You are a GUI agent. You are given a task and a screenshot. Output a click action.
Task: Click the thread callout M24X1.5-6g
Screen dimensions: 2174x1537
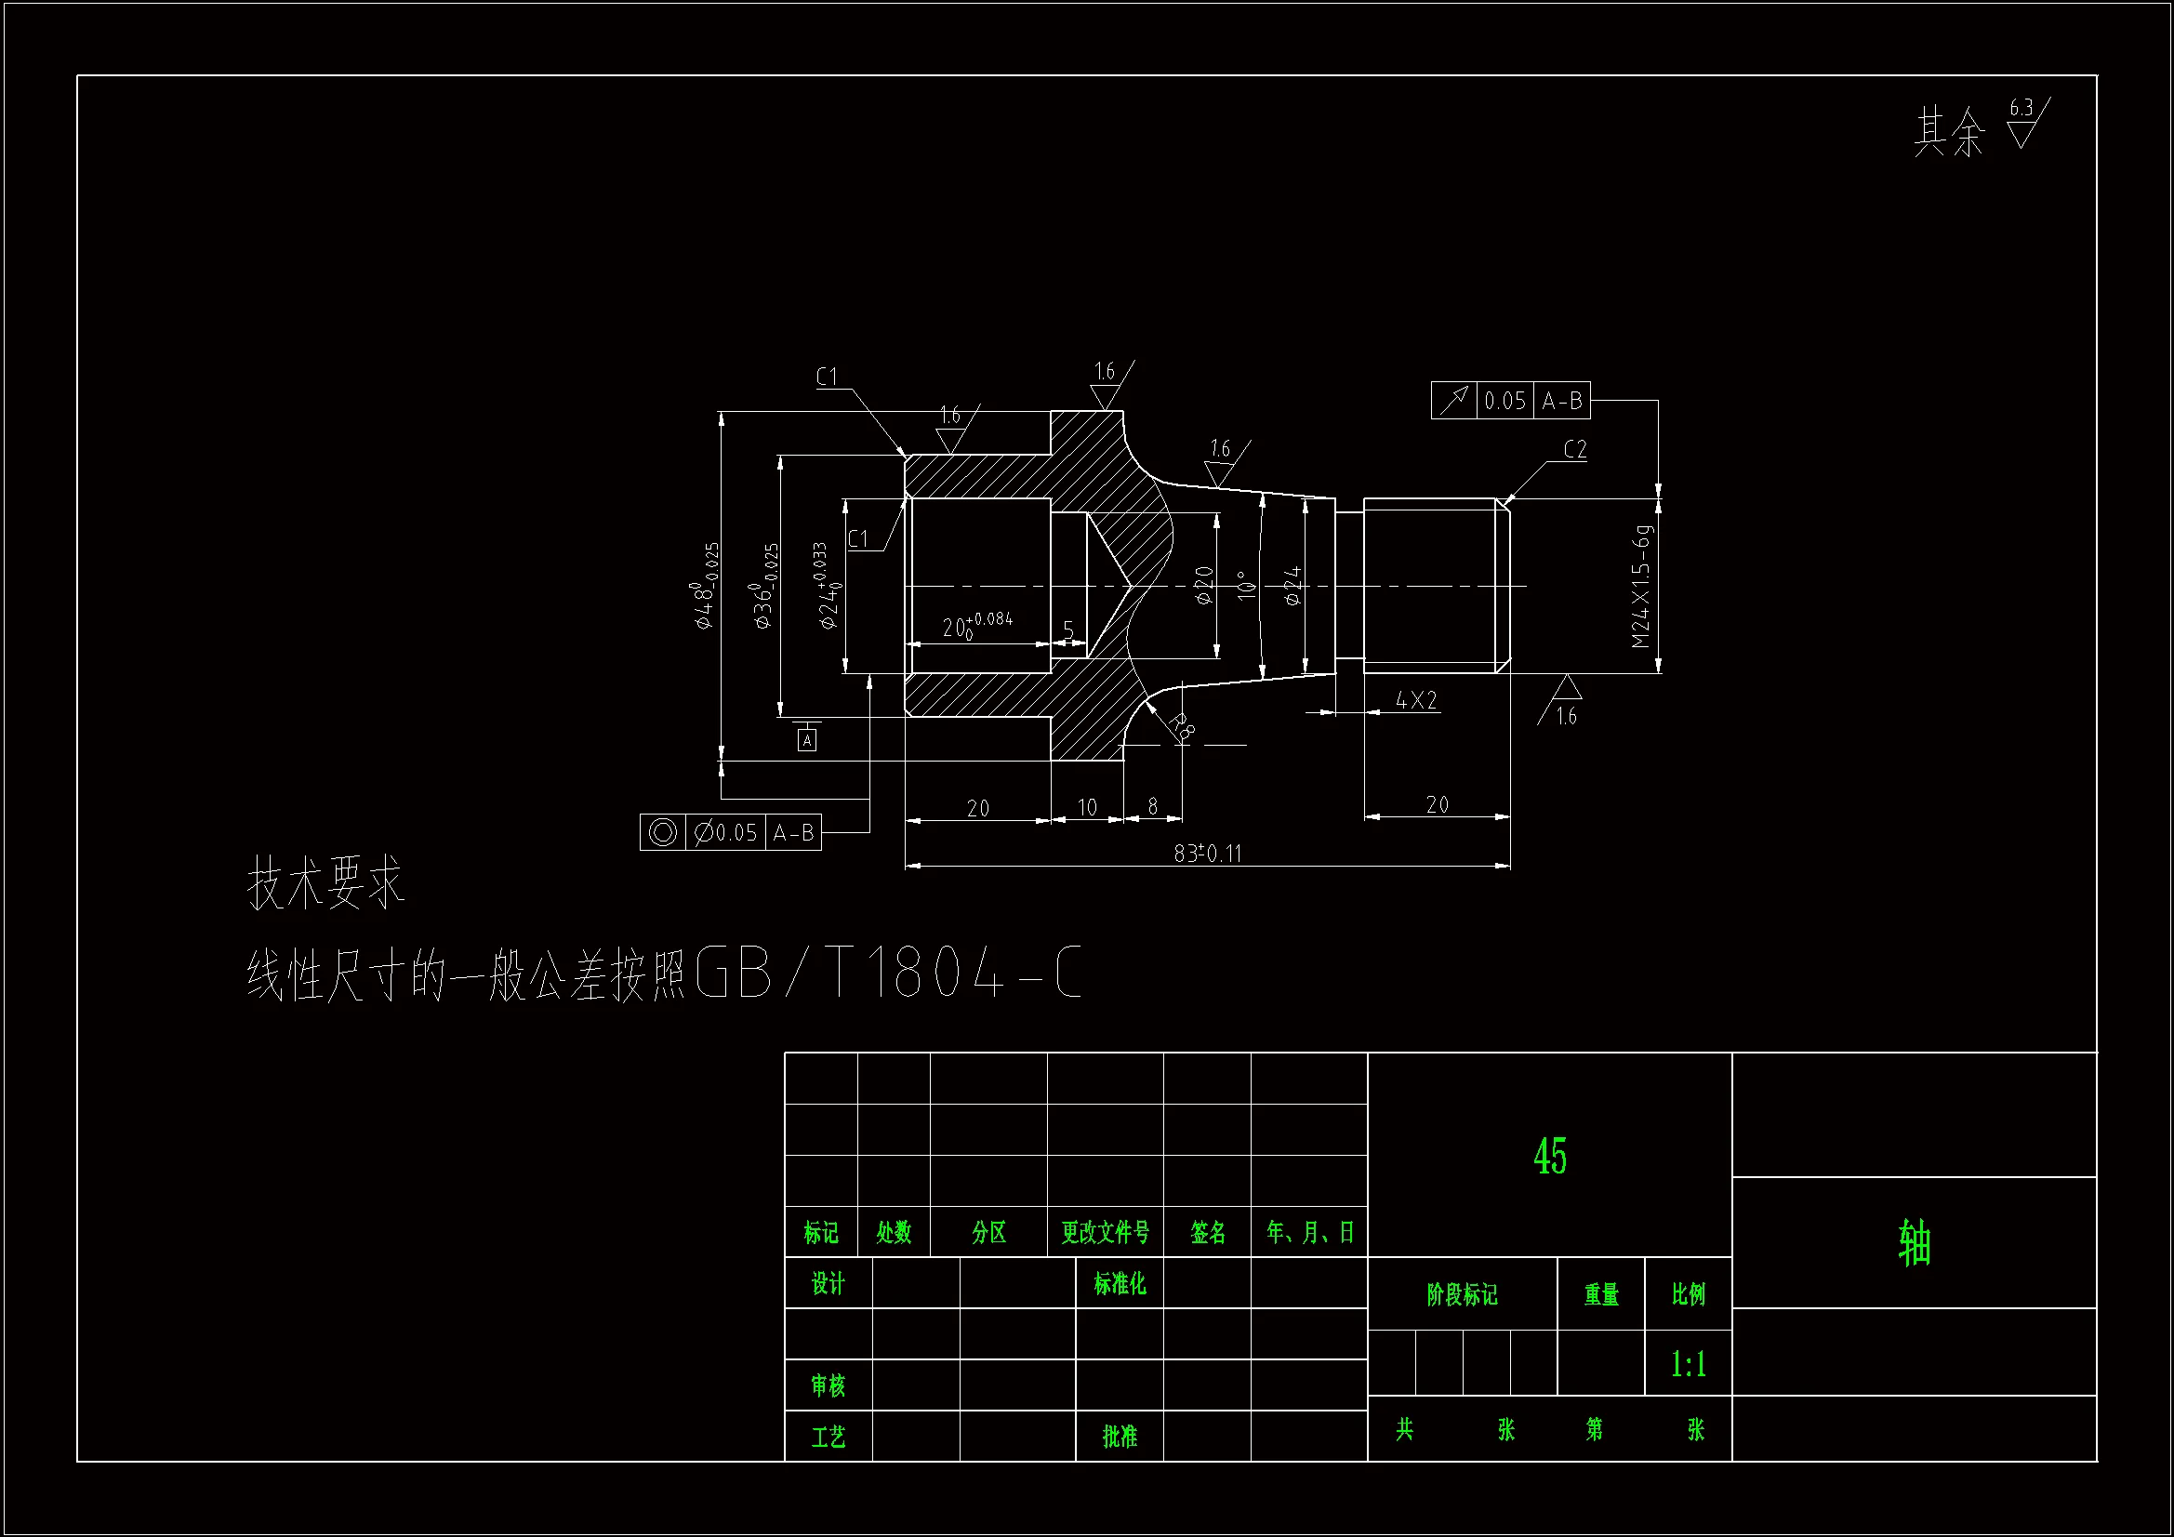(1642, 587)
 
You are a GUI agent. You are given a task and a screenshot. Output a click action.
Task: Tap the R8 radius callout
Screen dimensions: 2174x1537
(1182, 725)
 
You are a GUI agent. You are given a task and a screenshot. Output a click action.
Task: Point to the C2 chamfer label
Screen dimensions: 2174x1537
(1574, 449)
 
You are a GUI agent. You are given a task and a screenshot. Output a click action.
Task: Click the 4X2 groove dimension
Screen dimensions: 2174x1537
(1415, 700)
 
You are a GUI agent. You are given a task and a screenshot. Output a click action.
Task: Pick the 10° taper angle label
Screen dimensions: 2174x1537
(1247, 584)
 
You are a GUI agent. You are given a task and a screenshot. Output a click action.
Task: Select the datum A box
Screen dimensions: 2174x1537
(807, 739)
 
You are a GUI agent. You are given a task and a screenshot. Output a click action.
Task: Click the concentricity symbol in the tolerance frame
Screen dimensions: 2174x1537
(662, 832)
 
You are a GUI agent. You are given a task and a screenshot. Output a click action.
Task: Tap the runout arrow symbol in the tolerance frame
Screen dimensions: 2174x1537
(1453, 401)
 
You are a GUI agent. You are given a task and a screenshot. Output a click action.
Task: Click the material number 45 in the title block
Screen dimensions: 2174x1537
(1550, 1157)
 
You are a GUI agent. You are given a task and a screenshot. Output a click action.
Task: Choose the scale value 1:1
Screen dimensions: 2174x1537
(1688, 1364)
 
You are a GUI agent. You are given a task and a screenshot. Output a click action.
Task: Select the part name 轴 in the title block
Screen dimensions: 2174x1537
(1914, 1242)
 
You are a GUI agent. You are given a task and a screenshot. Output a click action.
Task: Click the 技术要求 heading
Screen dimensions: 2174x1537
(325, 882)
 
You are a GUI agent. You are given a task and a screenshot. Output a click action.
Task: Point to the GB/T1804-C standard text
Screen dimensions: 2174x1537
(887, 973)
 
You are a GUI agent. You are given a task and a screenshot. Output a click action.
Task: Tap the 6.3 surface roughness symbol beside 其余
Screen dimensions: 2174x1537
(2024, 124)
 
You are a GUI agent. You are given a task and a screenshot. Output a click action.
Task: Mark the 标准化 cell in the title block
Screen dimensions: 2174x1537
(1120, 1283)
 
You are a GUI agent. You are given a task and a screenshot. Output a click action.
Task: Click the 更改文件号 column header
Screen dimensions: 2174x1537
(1105, 1232)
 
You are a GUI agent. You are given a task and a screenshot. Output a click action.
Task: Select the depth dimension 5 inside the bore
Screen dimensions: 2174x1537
(1068, 629)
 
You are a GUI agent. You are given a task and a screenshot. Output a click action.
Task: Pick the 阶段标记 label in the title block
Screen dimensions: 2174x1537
(1462, 1293)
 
